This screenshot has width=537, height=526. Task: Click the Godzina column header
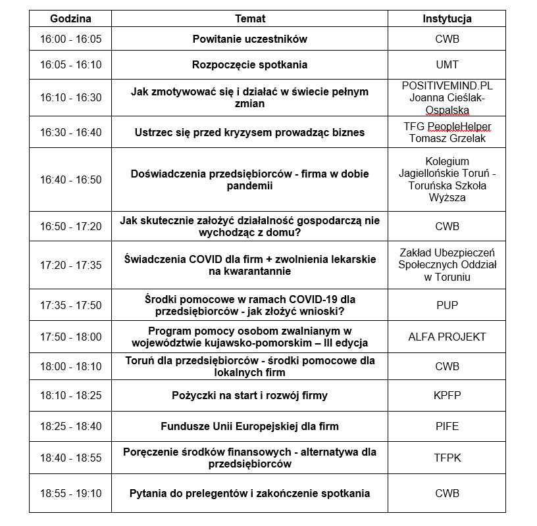70,19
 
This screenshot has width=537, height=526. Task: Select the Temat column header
249,19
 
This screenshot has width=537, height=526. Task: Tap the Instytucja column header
447,19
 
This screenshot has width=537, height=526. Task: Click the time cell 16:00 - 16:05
70,39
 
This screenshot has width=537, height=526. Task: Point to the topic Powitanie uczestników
249,39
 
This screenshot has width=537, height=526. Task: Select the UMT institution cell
447,64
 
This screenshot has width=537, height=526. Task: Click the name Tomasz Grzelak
447,138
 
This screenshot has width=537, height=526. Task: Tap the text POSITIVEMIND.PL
447,85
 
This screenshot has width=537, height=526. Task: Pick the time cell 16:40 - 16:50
70,179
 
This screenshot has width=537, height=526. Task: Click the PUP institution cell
447,305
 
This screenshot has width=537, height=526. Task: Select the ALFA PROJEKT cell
447,337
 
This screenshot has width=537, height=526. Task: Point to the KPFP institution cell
447,395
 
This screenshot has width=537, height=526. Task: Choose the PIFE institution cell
447,426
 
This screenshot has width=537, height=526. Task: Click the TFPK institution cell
447,457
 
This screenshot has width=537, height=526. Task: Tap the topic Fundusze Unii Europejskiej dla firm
249,426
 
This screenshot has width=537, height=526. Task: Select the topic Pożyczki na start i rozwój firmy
249,395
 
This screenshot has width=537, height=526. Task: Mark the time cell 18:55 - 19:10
70,493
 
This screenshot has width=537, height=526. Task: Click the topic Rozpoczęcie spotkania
249,64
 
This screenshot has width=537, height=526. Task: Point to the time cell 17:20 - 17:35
70,265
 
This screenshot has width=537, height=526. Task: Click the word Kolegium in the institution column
447,161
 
